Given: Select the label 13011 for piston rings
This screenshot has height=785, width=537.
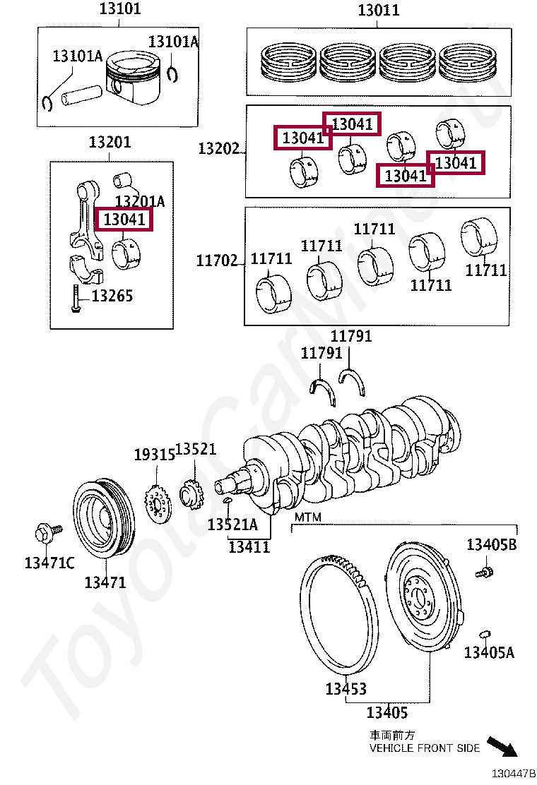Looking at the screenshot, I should point(378,10).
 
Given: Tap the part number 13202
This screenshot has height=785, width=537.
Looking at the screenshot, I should point(218,149).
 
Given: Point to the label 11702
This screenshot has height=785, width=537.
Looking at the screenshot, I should point(217,260).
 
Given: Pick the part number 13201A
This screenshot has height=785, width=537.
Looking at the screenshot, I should point(140,202).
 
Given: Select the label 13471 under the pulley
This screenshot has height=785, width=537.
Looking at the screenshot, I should point(105,582).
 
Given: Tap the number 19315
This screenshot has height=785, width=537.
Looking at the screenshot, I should point(154,455).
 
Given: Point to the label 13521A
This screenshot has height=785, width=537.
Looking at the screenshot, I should point(232,525).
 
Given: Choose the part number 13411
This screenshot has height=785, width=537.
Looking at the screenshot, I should point(249,546).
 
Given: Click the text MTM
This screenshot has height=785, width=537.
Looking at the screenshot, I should point(307,517).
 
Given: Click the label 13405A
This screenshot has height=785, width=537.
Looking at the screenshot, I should point(489,652).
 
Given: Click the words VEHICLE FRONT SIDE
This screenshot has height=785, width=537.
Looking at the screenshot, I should point(424,748).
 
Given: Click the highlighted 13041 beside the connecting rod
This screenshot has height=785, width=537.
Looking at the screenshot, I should point(124,220).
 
